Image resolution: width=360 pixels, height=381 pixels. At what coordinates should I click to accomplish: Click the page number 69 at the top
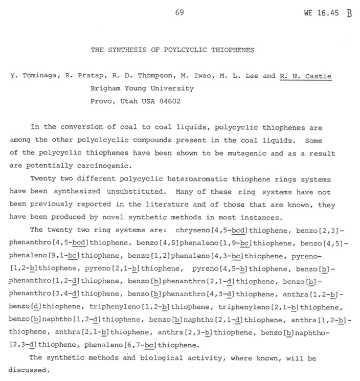click(179, 13)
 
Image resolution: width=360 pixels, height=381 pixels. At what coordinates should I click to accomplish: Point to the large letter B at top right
click(349, 14)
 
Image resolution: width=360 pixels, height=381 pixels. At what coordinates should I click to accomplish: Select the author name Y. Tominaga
click(35, 77)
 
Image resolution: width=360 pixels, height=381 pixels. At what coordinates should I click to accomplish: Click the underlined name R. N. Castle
click(305, 77)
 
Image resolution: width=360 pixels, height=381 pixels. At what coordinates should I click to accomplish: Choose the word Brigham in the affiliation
click(105, 88)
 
